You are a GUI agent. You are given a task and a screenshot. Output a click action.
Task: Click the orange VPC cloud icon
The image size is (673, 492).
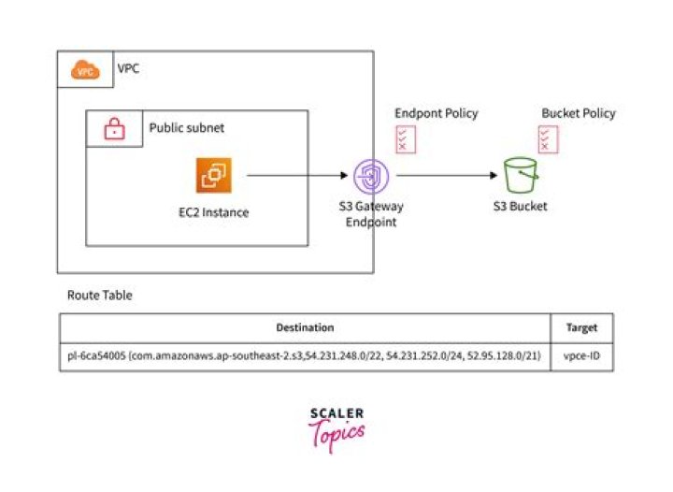tap(86, 70)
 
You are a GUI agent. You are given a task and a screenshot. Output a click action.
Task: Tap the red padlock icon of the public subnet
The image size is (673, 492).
tap(114, 130)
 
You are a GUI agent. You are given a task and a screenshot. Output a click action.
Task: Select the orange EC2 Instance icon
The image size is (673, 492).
tap(215, 175)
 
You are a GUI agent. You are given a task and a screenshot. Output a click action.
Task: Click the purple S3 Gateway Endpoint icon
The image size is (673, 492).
tap(372, 175)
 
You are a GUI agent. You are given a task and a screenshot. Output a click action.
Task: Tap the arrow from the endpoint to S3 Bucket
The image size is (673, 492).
tap(445, 175)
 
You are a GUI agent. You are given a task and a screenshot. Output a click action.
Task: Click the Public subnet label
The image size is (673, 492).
tap(186, 127)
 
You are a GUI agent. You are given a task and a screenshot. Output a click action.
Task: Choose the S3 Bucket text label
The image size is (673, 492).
tap(520, 206)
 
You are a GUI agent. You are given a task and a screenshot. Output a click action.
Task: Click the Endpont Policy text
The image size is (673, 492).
tap(436, 113)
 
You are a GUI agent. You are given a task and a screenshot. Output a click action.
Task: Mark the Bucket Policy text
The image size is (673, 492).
tap(579, 113)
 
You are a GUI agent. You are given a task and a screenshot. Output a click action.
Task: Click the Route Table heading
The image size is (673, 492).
tap(100, 295)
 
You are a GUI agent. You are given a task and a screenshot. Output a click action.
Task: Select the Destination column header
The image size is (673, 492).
tap(305, 328)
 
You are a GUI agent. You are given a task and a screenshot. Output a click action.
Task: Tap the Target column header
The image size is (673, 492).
tap(582, 328)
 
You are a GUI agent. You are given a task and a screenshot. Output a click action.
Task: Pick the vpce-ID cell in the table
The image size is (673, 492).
tap(582, 356)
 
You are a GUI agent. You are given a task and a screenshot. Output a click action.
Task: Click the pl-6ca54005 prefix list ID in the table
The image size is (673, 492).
tap(97, 356)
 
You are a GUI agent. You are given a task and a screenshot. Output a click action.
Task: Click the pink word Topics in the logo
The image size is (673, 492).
tap(339, 432)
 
